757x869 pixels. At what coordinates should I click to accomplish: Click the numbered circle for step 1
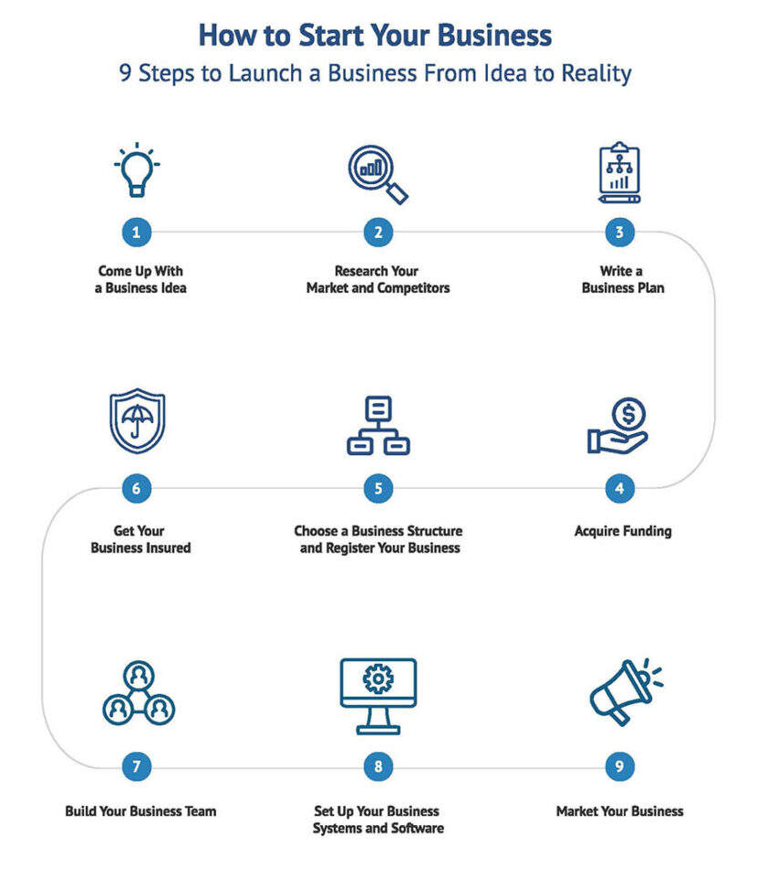coord(136,232)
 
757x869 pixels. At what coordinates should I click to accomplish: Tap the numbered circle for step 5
coord(378,489)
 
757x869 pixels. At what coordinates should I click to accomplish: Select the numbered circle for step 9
coord(619,766)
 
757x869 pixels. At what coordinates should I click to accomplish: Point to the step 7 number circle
coord(136,766)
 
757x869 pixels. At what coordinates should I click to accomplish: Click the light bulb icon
coord(137,170)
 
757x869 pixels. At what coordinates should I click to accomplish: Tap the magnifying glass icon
coord(378,173)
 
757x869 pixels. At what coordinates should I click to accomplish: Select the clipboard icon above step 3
coord(619,171)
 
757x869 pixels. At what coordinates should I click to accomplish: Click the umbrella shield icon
coord(137,421)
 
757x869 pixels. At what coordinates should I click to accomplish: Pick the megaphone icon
coord(625,690)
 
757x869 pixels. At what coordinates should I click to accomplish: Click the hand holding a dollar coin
coord(618,428)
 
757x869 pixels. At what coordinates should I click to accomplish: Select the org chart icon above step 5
coord(378,425)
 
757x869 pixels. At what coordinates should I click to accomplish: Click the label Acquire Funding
coord(622,531)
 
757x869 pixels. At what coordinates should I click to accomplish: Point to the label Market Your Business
coord(619,811)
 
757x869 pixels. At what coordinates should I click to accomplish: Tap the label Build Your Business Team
coord(140,811)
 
